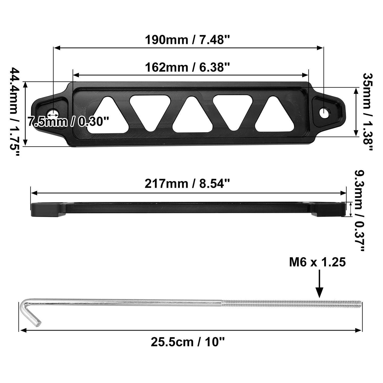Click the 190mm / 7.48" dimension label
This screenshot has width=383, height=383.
188,40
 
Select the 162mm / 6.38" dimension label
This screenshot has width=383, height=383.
188,67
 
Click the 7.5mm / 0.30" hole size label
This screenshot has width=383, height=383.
68,122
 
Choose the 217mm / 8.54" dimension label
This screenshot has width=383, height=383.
187,184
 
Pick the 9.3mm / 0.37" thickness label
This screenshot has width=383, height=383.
360,211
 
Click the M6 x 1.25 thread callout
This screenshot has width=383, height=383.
317,262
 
